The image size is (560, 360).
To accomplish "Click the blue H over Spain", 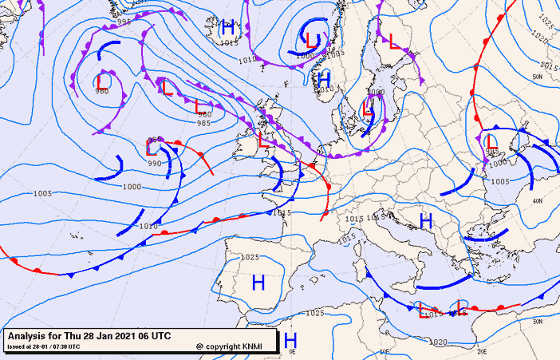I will click(258, 282).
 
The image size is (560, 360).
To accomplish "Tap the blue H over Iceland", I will click(229, 28).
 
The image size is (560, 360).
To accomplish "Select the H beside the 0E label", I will click(291, 341).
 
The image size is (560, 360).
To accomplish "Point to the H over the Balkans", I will click(426, 221).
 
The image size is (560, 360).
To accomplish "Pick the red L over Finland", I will click(393, 41).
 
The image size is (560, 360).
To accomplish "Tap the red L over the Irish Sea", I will click(263, 140).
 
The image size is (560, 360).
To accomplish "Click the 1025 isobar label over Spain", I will click(250, 257).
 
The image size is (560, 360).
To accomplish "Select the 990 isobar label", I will click(155, 163).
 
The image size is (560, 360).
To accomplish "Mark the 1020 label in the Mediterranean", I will click(437, 342).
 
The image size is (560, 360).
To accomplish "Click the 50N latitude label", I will click(538, 77).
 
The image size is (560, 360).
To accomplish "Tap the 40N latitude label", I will click(538, 200).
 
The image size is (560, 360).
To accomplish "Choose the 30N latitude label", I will click(538, 321).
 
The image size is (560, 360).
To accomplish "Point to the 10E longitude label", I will click(385, 351).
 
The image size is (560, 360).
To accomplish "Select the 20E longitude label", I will click(482, 351).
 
